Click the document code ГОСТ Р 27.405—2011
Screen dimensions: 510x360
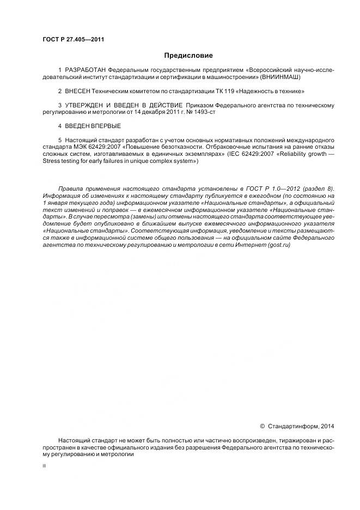74,39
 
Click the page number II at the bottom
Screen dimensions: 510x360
44,467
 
